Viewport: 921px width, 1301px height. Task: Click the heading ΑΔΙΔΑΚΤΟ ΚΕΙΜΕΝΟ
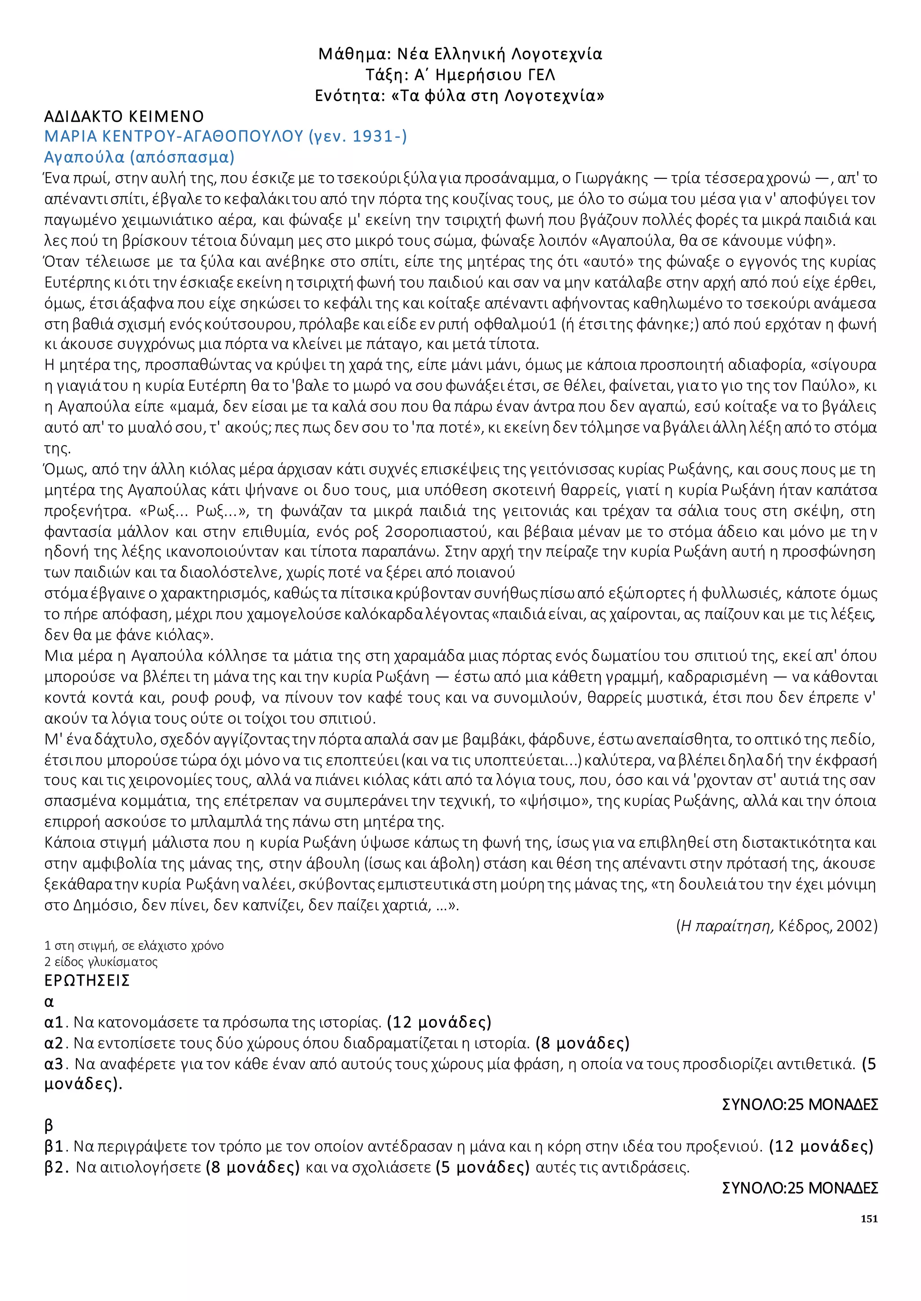pyautogui.click(x=124, y=117)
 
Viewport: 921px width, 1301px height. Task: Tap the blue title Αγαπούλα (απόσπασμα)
pyautogui.click(x=139, y=157)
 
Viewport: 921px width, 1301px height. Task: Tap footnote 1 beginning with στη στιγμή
pyautogui.click(x=134, y=945)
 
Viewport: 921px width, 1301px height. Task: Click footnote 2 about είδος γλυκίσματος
pyautogui.click(x=101, y=961)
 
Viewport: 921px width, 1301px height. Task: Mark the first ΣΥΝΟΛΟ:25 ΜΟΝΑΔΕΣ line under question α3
pyautogui.click(x=800, y=1104)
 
